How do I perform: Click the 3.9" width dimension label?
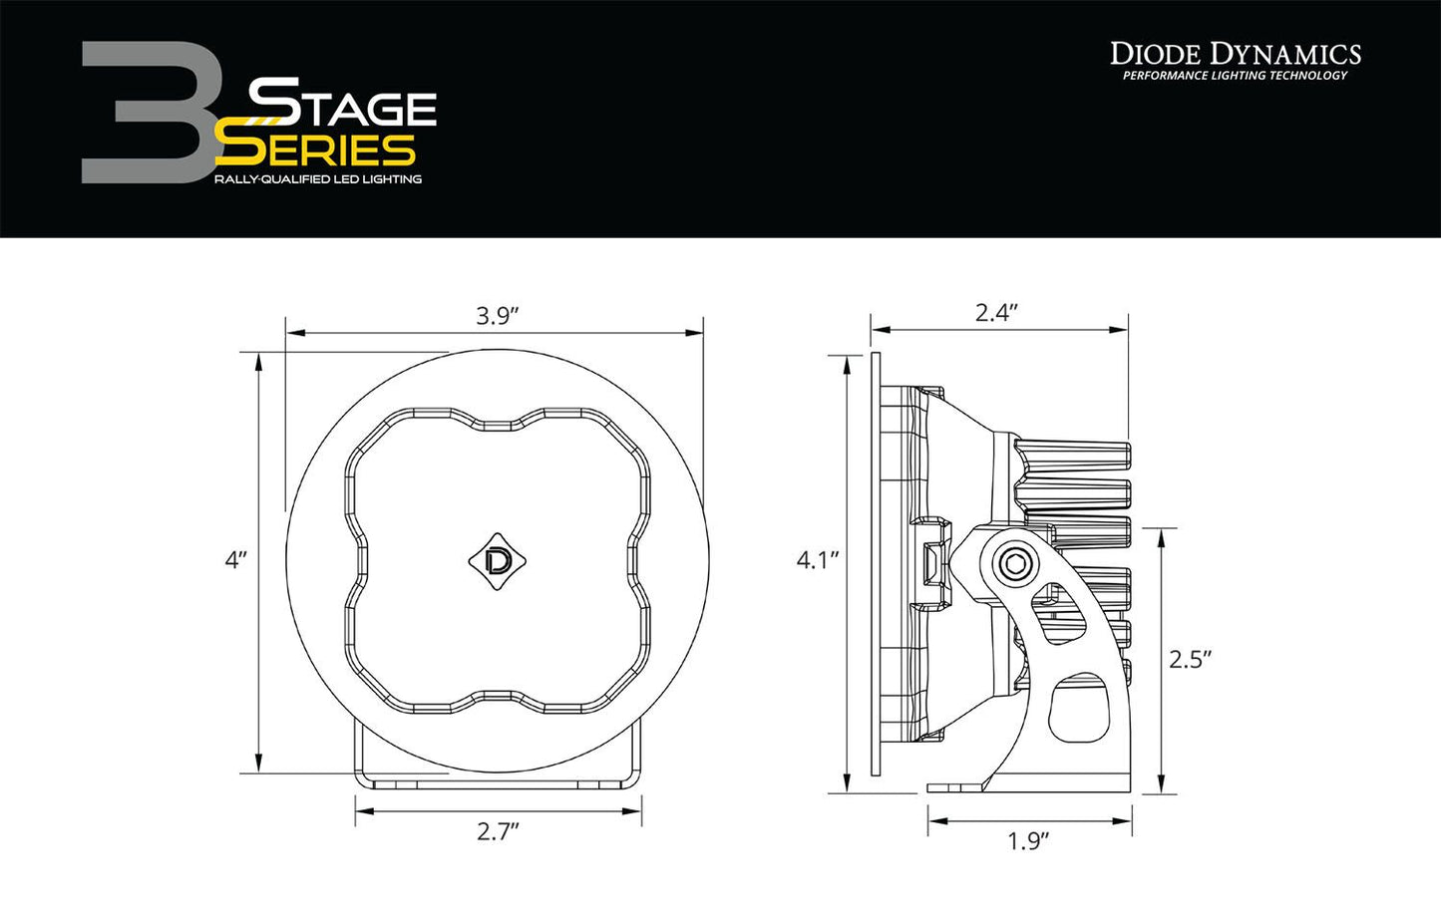point(497,316)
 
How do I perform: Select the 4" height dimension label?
point(234,560)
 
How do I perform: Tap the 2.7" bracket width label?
point(498,831)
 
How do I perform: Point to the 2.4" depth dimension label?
point(995,313)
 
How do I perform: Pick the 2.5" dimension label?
point(1189,660)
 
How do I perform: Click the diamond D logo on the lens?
point(497,561)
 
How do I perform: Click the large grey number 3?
point(150,112)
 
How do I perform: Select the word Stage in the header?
point(341,105)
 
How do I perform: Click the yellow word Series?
point(317,150)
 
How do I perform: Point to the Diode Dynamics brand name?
point(1235,54)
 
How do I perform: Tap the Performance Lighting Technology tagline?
point(1235,76)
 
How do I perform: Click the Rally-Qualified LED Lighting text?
point(317,179)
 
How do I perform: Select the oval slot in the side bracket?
point(1077,708)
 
